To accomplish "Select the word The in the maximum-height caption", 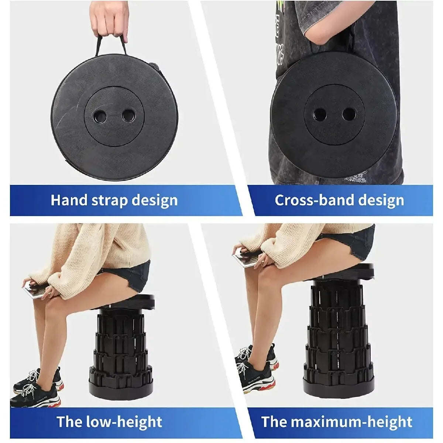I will point(273,422).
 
